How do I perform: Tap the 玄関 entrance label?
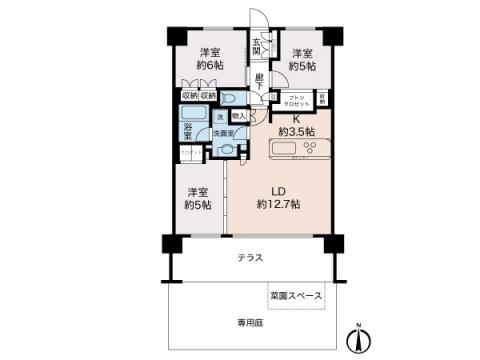(x=257, y=47)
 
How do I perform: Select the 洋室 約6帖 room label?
(x=208, y=58)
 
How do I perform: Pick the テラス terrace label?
(x=250, y=258)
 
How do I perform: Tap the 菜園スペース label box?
(x=296, y=296)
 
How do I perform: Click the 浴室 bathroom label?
(x=187, y=130)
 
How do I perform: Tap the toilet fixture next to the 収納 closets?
(x=229, y=100)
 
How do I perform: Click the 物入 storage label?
(x=239, y=116)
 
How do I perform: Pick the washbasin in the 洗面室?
(x=228, y=150)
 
